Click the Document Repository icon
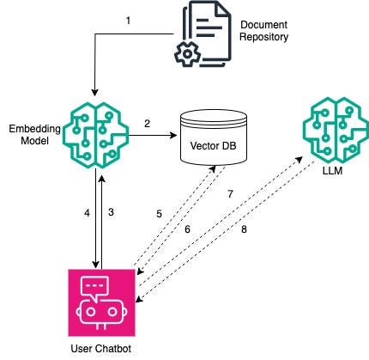pos(203,34)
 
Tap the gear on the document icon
pos(187,54)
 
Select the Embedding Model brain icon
pos(96,135)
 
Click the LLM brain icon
pos(336,131)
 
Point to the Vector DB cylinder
pos(214,139)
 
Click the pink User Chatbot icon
pos(101,302)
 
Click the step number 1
pos(128,21)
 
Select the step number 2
pos(147,124)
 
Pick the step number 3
pos(111,212)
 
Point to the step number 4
pos(87,213)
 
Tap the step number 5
pos(159,214)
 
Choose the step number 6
pos(187,229)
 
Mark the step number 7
pos(230,194)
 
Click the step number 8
pos(244,229)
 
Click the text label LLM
pos(332,171)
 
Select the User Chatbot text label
pos(101,349)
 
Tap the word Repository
pos(263,37)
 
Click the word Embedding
pos(34,129)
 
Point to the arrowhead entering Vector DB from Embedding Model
pos(174,135)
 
